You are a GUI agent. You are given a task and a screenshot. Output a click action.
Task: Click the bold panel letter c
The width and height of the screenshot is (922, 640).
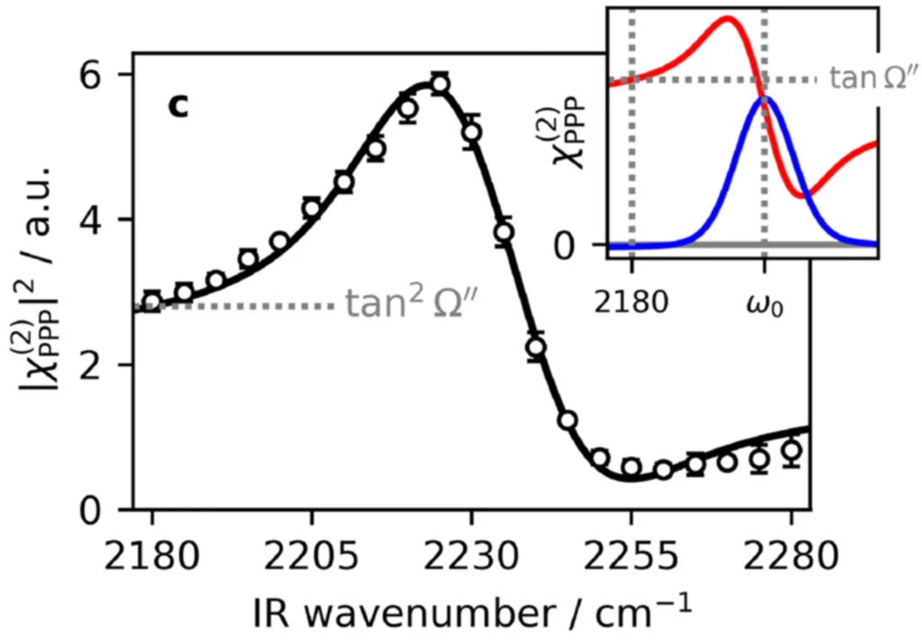tap(178, 106)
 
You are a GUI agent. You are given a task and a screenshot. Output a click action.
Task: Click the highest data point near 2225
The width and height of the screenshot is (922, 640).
tap(439, 85)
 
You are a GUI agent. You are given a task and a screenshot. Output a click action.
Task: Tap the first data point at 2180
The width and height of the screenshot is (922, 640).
tap(151, 302)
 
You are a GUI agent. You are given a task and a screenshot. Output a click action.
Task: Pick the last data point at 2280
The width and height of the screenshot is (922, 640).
tap(791, 450)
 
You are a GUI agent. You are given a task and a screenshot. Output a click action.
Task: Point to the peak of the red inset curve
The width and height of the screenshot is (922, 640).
tap(728, 18)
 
